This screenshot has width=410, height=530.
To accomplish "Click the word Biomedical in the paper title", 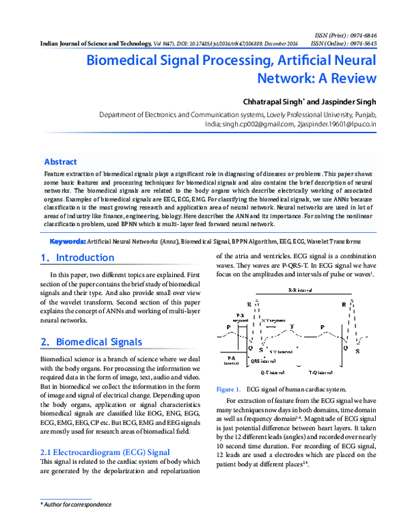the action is (x=129, y=60).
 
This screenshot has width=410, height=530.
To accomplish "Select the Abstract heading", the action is (x=60, y=162).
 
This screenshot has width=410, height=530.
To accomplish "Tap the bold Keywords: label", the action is (x=67, y=242).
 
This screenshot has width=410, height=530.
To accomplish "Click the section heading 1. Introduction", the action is (x=77, y=258).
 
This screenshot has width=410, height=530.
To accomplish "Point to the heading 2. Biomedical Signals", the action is (x=91, y=341).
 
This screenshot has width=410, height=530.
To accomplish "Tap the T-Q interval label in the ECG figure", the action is (x=320, y=373).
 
